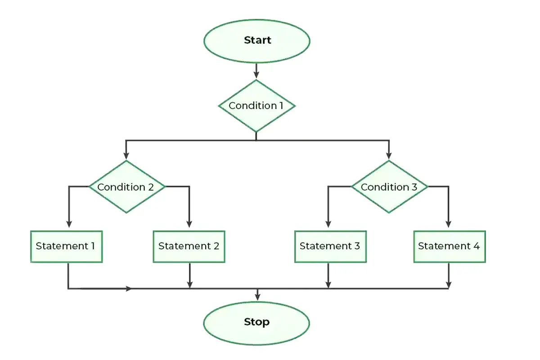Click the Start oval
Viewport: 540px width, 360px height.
pos(256,40)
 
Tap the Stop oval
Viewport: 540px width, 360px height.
pos(256,322)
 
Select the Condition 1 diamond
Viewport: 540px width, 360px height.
pos(256,106)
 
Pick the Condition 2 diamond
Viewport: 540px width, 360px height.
pos(126,187)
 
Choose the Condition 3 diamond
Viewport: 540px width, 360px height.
pos(389,187)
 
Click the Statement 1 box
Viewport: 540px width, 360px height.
pos(66,247)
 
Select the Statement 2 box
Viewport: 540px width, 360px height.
pos(189,247)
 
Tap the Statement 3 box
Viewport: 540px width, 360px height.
pos(330,247)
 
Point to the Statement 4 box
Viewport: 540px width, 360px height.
pos(449,247)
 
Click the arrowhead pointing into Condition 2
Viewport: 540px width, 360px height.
pos(126,156)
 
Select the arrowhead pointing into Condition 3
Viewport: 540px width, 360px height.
pos(389,156)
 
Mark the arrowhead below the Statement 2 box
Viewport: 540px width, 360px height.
pos(189,284)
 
